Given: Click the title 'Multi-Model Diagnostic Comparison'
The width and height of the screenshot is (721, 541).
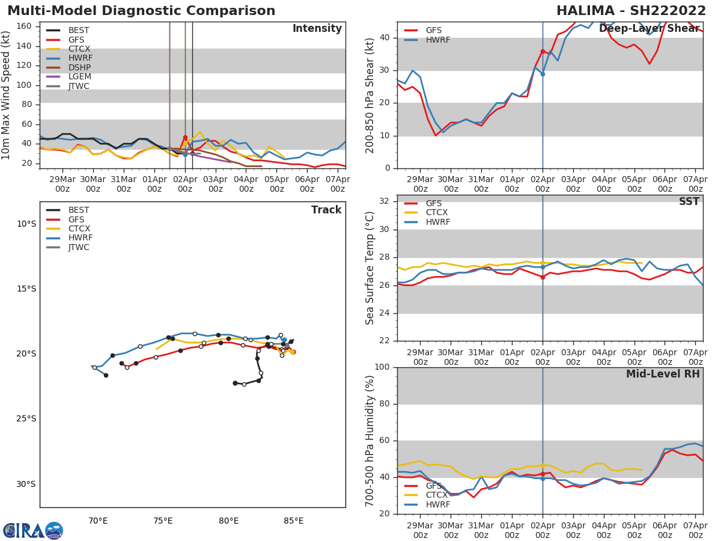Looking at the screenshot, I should pos(141,11).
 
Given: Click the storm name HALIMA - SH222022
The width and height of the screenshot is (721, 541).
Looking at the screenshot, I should pos(631,11).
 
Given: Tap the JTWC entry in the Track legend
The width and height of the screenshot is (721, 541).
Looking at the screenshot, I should pos(79,247).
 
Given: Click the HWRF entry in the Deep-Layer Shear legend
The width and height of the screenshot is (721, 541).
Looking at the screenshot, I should pos(437,40).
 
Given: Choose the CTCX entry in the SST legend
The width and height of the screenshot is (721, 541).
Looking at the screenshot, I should pos(437,213).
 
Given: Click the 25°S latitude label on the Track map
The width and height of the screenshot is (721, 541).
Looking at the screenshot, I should pos(26,419).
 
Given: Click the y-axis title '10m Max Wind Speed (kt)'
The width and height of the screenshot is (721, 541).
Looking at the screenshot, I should pos(7,95).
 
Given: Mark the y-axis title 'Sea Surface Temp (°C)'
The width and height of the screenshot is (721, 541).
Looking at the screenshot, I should pos(370,268).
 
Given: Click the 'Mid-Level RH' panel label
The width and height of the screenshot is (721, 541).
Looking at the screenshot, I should pos(663,374).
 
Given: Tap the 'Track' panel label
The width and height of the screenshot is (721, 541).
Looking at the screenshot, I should pos(326,210).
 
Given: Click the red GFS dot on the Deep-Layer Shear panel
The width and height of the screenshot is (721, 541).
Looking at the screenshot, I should pos(543,52).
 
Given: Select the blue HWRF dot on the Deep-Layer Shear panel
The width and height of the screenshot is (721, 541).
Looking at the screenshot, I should pos(543,74).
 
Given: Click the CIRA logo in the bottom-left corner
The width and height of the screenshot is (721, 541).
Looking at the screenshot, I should pos(32,530).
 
